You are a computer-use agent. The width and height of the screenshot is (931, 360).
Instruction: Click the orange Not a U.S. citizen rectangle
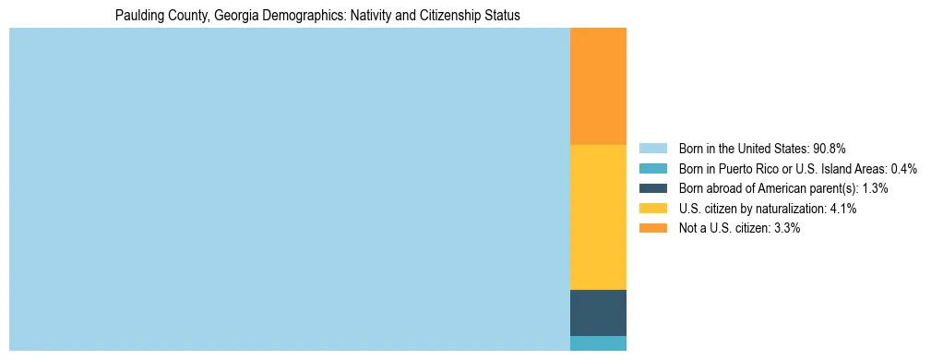coord(598,87)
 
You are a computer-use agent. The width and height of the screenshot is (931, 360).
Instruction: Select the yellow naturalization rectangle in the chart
coord(598,217)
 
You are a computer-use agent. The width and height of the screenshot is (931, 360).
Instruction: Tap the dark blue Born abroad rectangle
coord(598,312)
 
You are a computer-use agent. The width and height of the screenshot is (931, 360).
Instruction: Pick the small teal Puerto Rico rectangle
coord(598,343)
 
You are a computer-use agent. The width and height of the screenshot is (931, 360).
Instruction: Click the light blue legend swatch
coord(652,148)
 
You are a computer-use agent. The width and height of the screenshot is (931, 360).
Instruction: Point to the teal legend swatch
coord(652,168)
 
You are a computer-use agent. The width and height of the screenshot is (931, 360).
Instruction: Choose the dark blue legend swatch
coord(652,188)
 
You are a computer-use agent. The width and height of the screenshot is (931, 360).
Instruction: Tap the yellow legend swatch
coord(652,209)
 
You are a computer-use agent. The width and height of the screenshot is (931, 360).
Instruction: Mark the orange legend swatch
coord(652,228)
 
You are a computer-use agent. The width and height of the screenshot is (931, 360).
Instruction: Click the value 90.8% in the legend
coord(829,148)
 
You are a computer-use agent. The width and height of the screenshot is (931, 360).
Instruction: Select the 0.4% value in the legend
coord(904,168)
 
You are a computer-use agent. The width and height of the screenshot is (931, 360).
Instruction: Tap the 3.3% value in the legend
coord(787,228)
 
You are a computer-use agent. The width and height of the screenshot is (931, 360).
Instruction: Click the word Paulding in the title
coord(137,16)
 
